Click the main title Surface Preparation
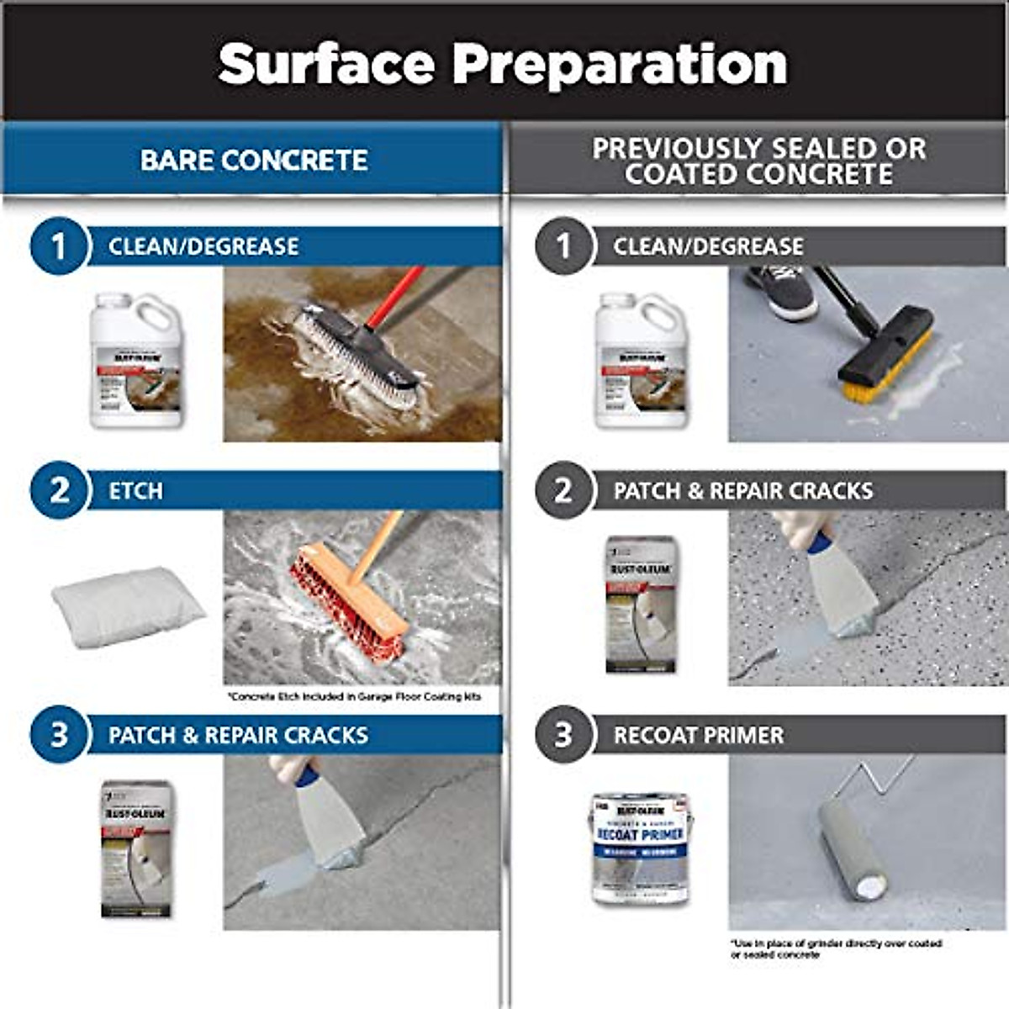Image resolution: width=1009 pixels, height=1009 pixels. coord(503,64)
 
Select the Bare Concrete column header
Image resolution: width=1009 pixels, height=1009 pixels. coord(253,160)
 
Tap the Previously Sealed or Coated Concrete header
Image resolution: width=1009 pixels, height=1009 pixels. coord(758,161)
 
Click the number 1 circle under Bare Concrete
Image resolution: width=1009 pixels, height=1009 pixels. coord(59,246)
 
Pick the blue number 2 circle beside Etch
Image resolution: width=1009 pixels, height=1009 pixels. coord(59,490)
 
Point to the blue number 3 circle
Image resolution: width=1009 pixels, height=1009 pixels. coord(59,734)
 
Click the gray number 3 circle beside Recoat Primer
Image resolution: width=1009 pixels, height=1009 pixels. coord(563,734)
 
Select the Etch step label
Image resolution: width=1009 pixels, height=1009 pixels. coord(135,491)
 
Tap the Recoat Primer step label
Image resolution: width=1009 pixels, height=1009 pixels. coord(698,736)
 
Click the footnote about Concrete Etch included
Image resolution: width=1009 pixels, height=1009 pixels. coord(354,697)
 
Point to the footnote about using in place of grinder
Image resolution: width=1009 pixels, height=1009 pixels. coord(836,948)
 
